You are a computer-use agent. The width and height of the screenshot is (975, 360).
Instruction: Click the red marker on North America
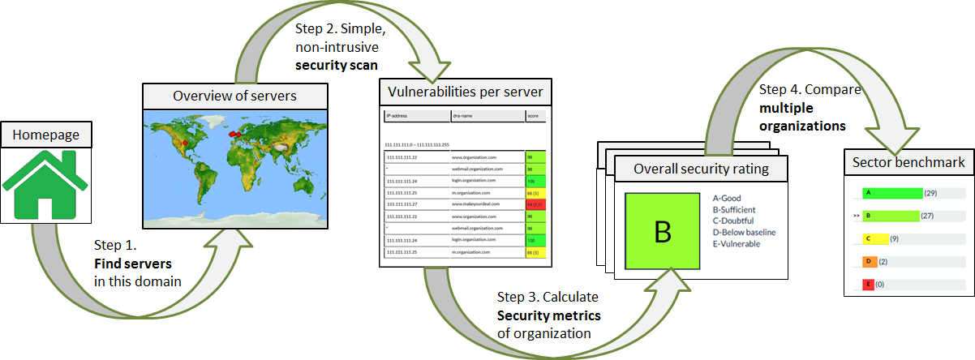coord(185,143)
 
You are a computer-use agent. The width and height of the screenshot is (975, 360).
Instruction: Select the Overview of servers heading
coord(235,96)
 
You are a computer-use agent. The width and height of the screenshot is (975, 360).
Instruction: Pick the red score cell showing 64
coord(535,205)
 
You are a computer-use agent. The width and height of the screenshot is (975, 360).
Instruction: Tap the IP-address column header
coord(397,117)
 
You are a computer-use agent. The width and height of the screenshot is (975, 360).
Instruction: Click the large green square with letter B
coord(662,231)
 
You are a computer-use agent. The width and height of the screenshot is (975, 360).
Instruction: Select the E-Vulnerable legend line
coord(737,244)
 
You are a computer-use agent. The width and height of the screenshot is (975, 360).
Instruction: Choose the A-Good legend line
coord(727,198)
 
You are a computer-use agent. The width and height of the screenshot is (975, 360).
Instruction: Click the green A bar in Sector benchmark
coord(892,193)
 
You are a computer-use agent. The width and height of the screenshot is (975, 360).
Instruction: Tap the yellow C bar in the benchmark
coord(875,239)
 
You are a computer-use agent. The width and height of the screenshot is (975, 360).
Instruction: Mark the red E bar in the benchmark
coord(868,285)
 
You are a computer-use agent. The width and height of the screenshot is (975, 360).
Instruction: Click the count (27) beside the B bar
coord(929,216)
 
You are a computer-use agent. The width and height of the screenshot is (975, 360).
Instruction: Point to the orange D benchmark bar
coord(868,262)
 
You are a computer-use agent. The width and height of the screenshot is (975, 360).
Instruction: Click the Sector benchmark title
coord(908,163)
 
